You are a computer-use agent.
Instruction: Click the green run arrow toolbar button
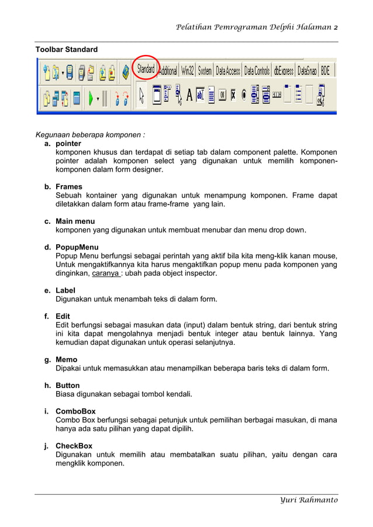pyautogui.click(x=91, y=98)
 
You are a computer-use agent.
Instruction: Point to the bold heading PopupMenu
pyautogui.click(x=77, y=247)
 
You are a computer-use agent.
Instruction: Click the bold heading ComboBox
pyautogui.click(x=75, y=411)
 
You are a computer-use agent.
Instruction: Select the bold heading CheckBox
pyautogui.click(x=74, y=446)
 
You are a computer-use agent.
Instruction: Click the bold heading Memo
pyautogui.click(x=66, y=359)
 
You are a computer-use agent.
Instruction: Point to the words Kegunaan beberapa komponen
pyautogui.click(x=90, y=134)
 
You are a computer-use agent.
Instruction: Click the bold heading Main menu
pyautogui.click(x=75, y=221)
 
